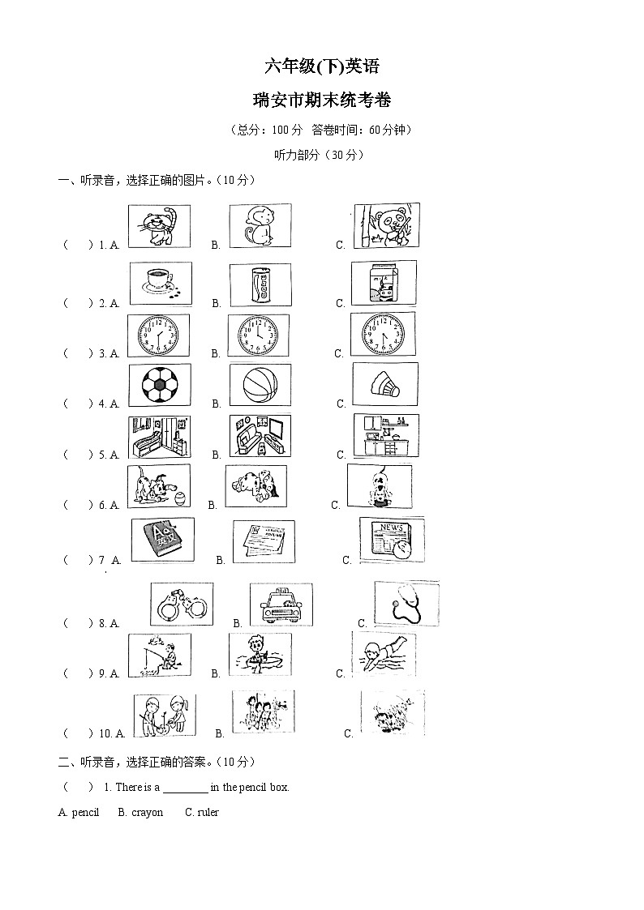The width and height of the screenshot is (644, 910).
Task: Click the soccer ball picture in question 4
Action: pyautogui.click(x=160, y=384)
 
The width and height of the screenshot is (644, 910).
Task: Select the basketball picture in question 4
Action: pyautogui.click(x=260, y=384)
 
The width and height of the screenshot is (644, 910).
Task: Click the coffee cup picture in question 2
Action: pyautogui.click(x=160, y=283)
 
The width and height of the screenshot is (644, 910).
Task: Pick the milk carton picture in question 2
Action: pyautogui.click(x=384, y=283)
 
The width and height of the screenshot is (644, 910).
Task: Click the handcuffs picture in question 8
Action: pyautogui.click(x=182, y=604)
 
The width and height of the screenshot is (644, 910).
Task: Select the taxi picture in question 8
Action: pyautogui.click(x=281, y=605)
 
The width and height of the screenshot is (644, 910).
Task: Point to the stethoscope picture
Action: pyautogui.click(x=406, y=603)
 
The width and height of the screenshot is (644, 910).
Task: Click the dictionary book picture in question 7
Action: pyautogui.click(x=162, y=540)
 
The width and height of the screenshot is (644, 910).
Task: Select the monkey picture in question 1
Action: pyautogui.click(x=260, y=226)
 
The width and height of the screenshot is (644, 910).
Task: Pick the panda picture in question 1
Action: pyautogui.click(x=386, y=224)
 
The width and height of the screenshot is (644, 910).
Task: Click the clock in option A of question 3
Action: pyautogui.click(x=160, y=334)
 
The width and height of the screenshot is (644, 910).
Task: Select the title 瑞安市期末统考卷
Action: pyautogui.click(x=322, y=100)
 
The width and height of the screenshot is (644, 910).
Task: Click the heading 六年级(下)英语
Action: pyautogui.click(x=322, y=66)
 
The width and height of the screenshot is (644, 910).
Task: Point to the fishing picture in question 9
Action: pyautogui.click(x=159, y=655)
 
